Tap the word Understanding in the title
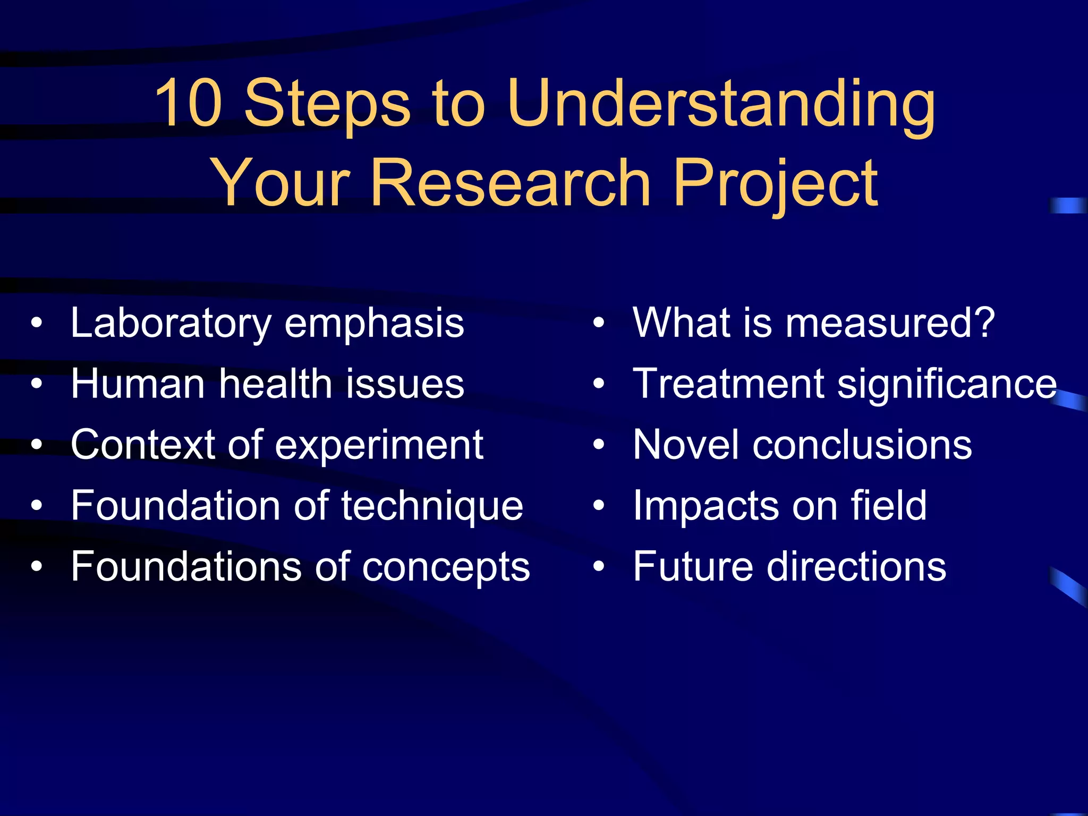(721, 105)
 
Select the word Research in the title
(511, 183)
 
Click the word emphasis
(374, 324)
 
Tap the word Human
(138, 384)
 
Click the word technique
(432, 506)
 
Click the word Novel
(686, 444)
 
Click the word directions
(855, 566)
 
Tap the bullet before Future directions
(599, 567)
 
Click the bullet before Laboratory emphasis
(36, 323)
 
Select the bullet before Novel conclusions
(599, 445)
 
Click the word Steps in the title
(327, 104)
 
